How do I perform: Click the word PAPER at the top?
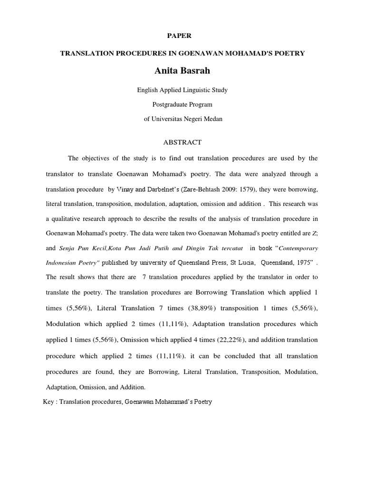point(182,36)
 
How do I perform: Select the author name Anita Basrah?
point(182,71)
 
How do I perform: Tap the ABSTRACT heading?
point(182,142)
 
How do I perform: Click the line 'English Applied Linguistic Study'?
point(182,90)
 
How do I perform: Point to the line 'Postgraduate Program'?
point(182,104)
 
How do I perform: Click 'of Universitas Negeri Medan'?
point(182,119)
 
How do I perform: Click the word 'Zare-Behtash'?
point(185,189)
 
